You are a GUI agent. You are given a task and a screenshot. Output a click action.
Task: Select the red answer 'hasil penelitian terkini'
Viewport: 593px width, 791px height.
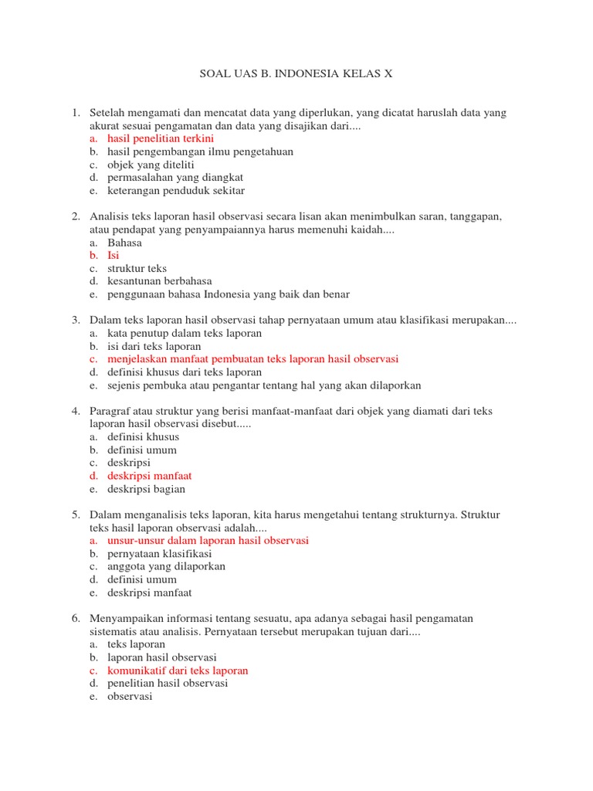[161, 138]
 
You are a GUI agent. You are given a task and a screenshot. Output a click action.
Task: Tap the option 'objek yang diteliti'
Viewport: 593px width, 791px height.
[151, 165]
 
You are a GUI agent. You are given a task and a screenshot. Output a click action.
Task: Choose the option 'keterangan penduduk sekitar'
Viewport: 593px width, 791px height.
[176, 191]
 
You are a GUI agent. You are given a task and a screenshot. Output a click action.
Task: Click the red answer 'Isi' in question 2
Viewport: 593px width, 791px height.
[114, 255]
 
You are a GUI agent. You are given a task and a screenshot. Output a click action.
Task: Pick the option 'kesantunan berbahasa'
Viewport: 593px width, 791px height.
[160, 281]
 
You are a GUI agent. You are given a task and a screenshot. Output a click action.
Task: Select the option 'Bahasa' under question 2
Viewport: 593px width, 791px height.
[124, 243]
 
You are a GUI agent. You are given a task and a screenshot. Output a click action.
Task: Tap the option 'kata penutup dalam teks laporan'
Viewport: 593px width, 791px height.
[185, 333]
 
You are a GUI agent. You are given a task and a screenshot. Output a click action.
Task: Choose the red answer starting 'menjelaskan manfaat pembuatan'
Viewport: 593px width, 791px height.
[252, 359]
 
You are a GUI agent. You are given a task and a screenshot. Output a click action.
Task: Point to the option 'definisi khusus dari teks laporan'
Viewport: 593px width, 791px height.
[185, 372]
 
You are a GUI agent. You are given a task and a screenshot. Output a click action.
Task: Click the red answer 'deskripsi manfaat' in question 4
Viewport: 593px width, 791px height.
[150, 476]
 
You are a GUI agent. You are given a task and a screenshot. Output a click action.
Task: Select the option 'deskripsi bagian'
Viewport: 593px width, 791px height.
[147, 489]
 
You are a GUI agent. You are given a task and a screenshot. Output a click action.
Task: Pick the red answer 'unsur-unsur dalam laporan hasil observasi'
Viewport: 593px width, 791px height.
[208, 541]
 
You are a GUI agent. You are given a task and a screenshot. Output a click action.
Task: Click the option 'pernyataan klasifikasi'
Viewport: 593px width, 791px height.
[160, 554]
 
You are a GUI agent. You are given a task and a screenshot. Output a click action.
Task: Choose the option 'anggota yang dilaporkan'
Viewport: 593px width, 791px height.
[167, 566]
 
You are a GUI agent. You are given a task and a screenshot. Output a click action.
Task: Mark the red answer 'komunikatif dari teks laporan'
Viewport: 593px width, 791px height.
[178, 670]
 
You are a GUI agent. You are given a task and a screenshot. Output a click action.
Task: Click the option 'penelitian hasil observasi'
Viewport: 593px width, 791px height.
[168, 683]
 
